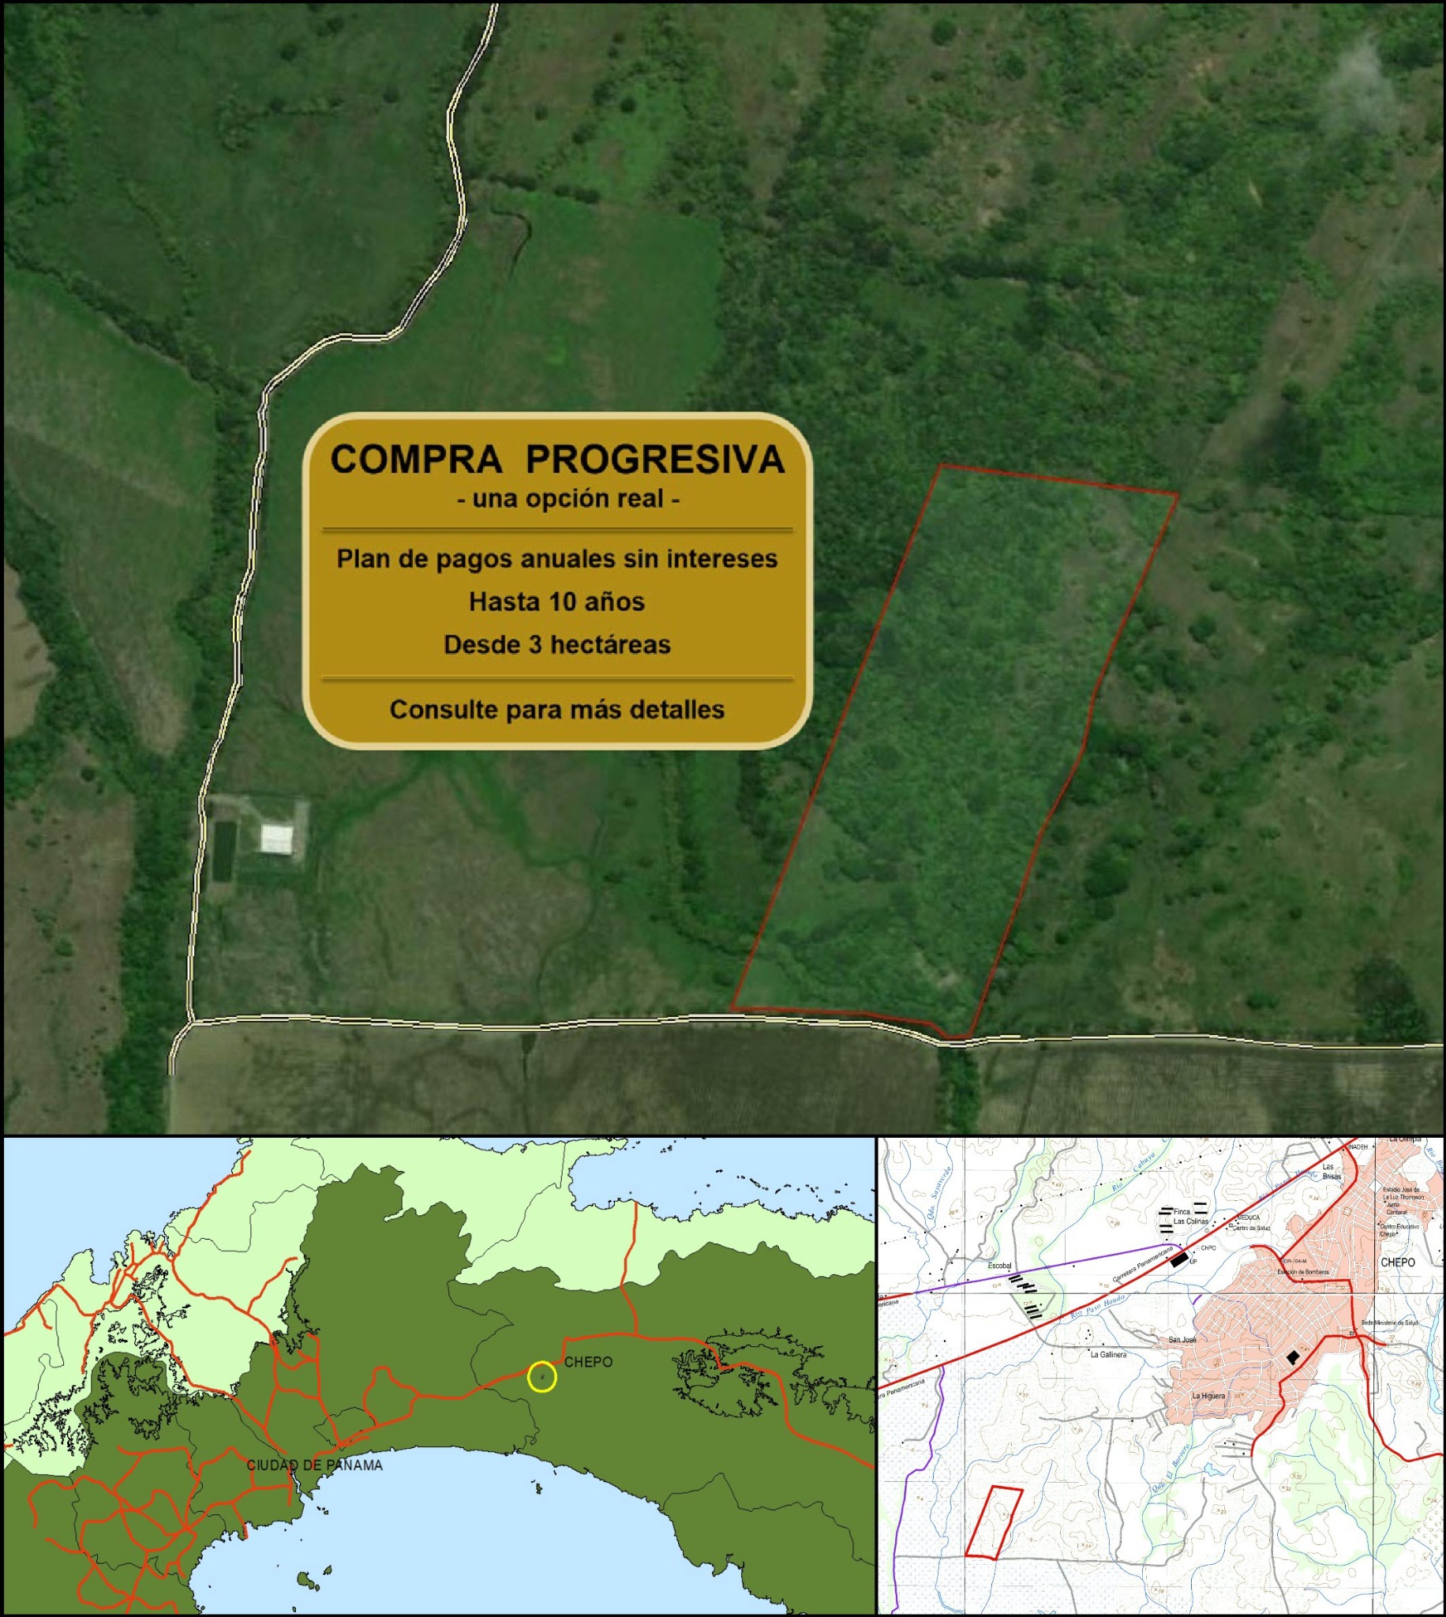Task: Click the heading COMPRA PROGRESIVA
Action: [x=557, y=460]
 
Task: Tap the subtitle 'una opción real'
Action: [x=568, y=499]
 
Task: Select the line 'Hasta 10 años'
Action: [x=556, y=602]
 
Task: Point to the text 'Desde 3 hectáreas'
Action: [x=556, y=644]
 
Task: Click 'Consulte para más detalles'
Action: [x=556, y=710]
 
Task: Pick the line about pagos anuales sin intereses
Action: [x=556, y=558]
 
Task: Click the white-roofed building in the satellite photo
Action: [x=276, y=838]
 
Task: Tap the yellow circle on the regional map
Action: [x=541, y=1377]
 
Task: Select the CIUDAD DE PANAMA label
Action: [x=315, y=1465]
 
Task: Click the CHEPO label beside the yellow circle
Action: [x=588, y=1362]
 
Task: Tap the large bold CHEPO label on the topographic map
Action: [x=1398, y=1262]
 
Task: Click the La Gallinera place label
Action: [x=1108, y=1355]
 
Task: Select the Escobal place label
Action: [x=999, y=1265]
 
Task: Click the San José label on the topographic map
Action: [x=1183, y=1340]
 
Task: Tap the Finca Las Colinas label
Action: [x=1190, y=1217]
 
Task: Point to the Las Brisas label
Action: [x=1332, y=1171]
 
